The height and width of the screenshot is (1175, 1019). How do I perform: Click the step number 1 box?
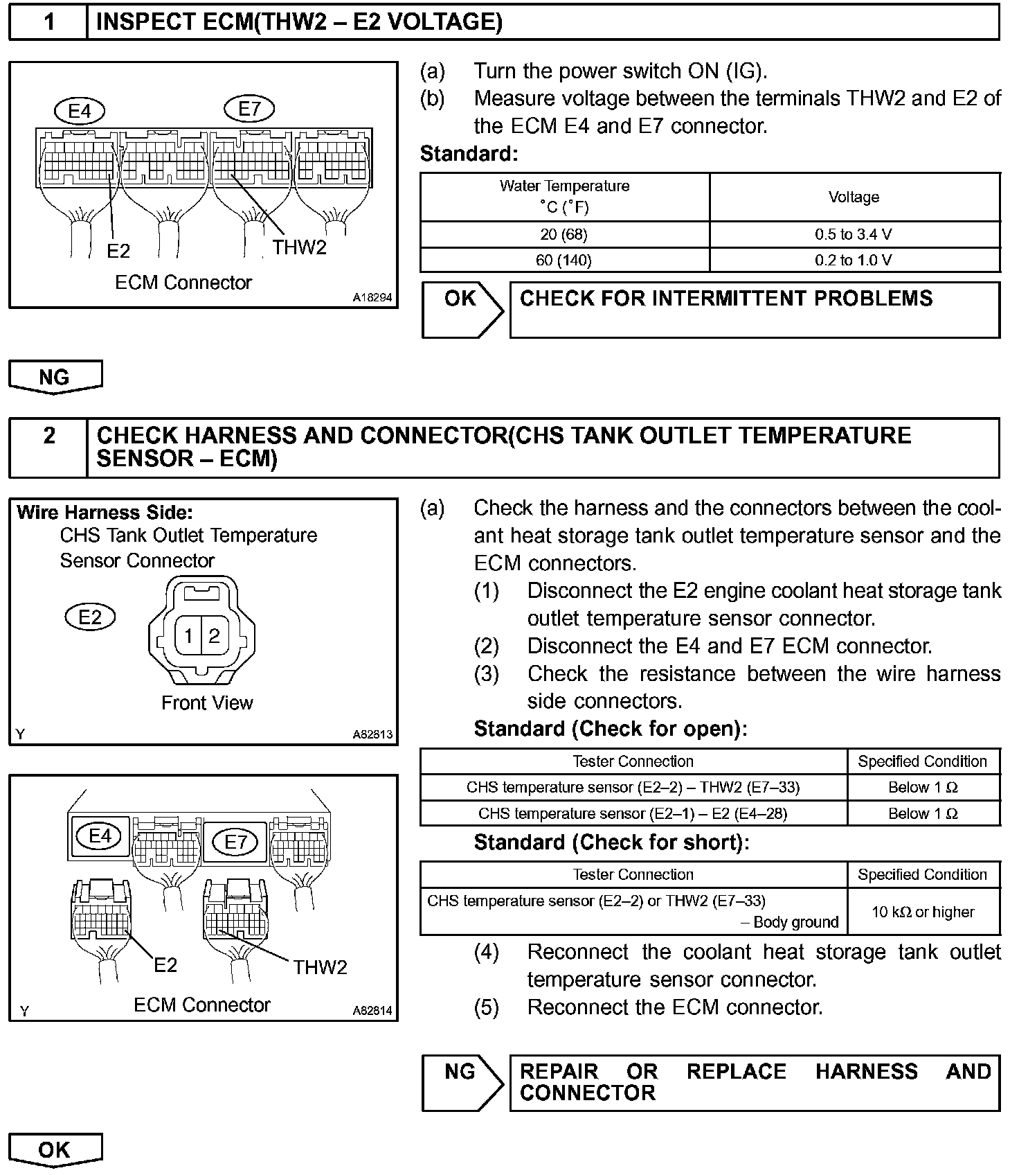[48, 23]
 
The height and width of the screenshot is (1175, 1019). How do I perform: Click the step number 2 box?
[48, 448]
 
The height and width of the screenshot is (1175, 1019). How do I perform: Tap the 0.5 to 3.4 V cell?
[854, 235]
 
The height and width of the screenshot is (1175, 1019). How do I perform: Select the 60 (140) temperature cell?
[564, 260]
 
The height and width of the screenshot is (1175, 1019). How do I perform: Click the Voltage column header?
[854, 197]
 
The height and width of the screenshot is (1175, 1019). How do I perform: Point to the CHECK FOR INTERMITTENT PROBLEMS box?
[754, 310]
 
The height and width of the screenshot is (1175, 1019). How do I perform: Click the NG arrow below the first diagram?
[55, 377]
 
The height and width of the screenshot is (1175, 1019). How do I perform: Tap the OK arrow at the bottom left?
[55, 1150]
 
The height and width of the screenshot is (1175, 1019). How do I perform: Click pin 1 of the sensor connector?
[188, 635]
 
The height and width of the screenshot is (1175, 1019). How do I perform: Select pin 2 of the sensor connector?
[215, 635]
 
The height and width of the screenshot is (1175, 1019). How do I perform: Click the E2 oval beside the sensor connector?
[90, 617]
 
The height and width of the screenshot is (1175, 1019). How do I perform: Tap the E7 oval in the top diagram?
[249, 109]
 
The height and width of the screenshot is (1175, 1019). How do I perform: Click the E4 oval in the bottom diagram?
[100, 836]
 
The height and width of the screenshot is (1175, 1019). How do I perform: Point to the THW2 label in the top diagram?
[299, 247]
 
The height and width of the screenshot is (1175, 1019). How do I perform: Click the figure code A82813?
[372, 734]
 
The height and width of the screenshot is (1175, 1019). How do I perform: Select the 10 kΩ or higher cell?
[923, 912]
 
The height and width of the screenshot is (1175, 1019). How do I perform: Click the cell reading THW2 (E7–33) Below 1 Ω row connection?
[633, 788]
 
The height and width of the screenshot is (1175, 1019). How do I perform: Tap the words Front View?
[207, 703]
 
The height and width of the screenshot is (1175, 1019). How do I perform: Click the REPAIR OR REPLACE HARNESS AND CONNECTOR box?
[754, 1083]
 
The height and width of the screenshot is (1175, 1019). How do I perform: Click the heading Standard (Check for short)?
[611, 843]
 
